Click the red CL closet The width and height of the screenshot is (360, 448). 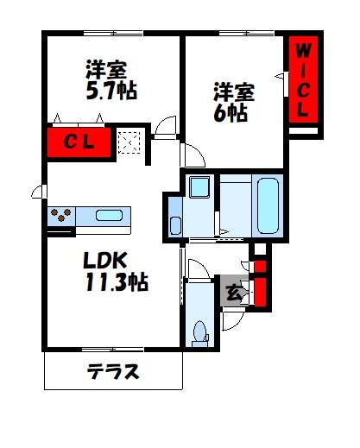(79, 142)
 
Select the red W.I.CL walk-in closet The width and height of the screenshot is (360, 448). (302, 82)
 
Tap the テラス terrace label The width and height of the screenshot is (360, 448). (113, 373)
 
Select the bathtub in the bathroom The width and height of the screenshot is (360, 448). (268, 205)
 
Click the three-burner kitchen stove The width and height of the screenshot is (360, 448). (64, 214)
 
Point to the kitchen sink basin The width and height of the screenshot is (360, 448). (109, 215)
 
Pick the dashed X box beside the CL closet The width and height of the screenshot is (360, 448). (130, 142)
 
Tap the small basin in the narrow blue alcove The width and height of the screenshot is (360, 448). (175, 225)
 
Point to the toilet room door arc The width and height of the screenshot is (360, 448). (197, 269)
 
